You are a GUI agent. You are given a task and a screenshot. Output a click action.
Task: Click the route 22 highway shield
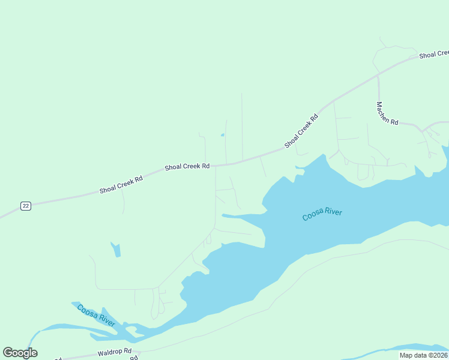point(25,206)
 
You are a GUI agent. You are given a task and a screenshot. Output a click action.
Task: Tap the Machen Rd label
point(387,113)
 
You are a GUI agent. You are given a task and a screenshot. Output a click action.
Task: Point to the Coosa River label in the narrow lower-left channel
point(96,316)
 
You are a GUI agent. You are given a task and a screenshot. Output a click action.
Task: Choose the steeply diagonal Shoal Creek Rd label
point(301,131)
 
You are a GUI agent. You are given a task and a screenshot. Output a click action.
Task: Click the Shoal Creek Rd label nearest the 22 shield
point(121,184)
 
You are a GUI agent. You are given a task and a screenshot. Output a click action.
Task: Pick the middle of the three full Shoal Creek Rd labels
point(187,166)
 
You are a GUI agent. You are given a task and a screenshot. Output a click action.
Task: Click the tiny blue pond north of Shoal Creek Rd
point(222,135)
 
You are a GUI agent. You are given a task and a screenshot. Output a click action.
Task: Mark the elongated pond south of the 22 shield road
point(116,250)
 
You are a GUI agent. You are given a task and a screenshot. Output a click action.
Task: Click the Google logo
point(20,352)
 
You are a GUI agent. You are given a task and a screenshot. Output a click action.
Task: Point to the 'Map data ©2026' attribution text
point(423,355)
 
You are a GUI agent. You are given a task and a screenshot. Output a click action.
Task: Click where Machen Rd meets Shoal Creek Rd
point(378,76)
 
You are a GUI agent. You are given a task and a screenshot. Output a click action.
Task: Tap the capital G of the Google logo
point(8,352)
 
